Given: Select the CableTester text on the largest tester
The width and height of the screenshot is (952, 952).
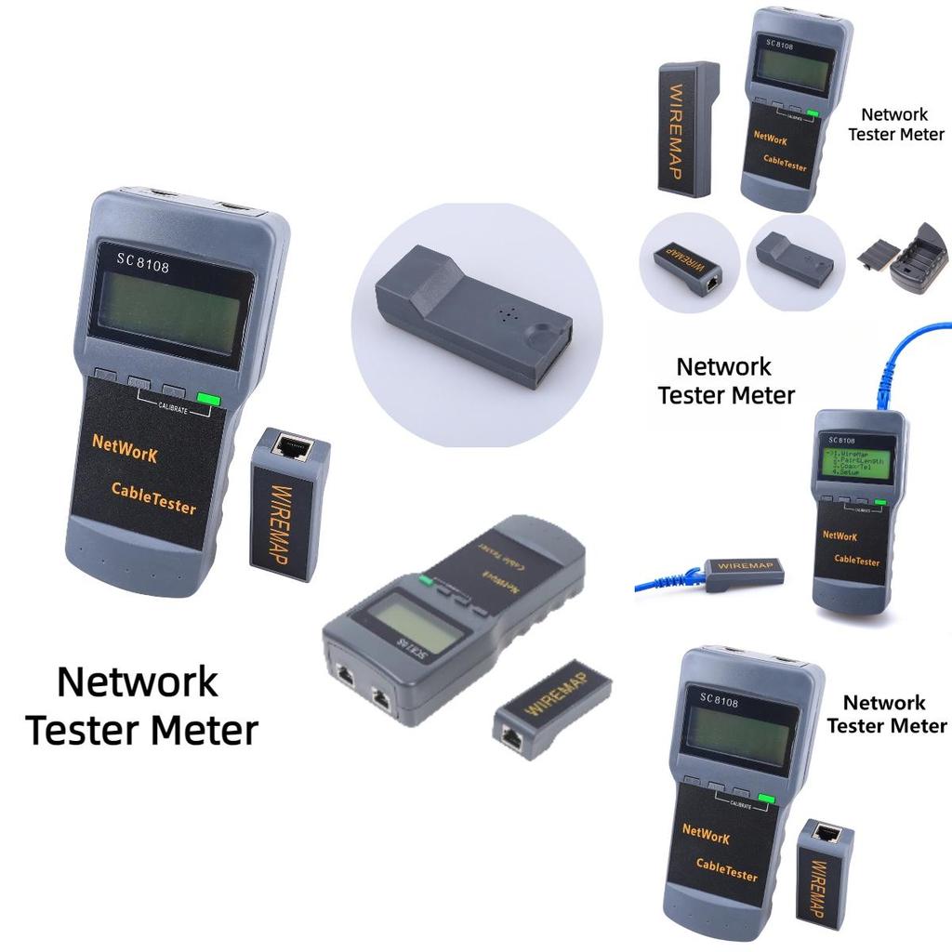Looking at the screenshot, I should [153, 497].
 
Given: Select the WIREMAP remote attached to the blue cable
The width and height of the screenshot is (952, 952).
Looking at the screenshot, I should [744, 570].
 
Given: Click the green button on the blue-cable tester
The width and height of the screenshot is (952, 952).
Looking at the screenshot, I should [879, 503].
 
